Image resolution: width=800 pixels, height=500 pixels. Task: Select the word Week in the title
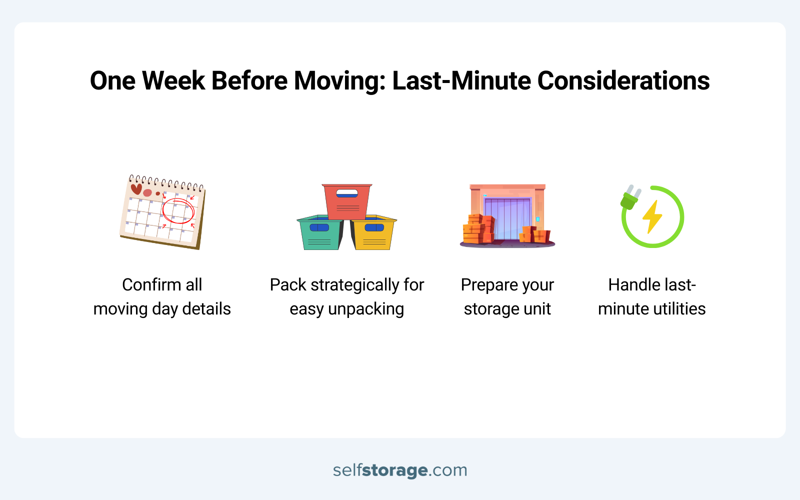(173, 81)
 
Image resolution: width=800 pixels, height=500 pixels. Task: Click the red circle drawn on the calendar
(178, 210)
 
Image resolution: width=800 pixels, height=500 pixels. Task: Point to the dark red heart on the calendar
(136, 189)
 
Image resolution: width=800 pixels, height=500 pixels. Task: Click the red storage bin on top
(347, 201)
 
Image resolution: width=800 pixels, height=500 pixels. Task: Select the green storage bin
(320, 233)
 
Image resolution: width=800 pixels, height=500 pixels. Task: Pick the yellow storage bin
(373, 233)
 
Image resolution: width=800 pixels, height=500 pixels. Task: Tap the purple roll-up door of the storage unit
(507, 218)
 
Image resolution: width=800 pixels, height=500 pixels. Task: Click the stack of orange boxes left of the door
(478, 229)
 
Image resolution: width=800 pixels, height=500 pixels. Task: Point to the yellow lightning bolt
(652, 216)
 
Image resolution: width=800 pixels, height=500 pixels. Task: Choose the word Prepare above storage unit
(489, 285)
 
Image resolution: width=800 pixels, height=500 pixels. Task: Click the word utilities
(677, 309)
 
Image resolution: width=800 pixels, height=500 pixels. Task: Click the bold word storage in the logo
(394, 470)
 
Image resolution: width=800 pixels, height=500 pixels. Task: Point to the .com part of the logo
(448, 470)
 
